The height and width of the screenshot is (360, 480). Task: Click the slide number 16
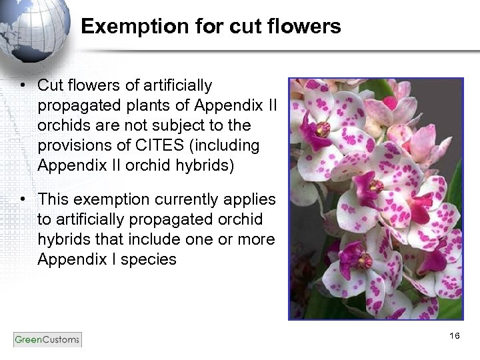point(455,335)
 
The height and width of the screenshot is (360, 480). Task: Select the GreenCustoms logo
point(47,339)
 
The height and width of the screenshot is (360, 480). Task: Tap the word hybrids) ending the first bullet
point(205,165)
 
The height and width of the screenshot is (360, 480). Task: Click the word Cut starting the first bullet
point(49,85)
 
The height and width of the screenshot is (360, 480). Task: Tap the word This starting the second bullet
point(53,199)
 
